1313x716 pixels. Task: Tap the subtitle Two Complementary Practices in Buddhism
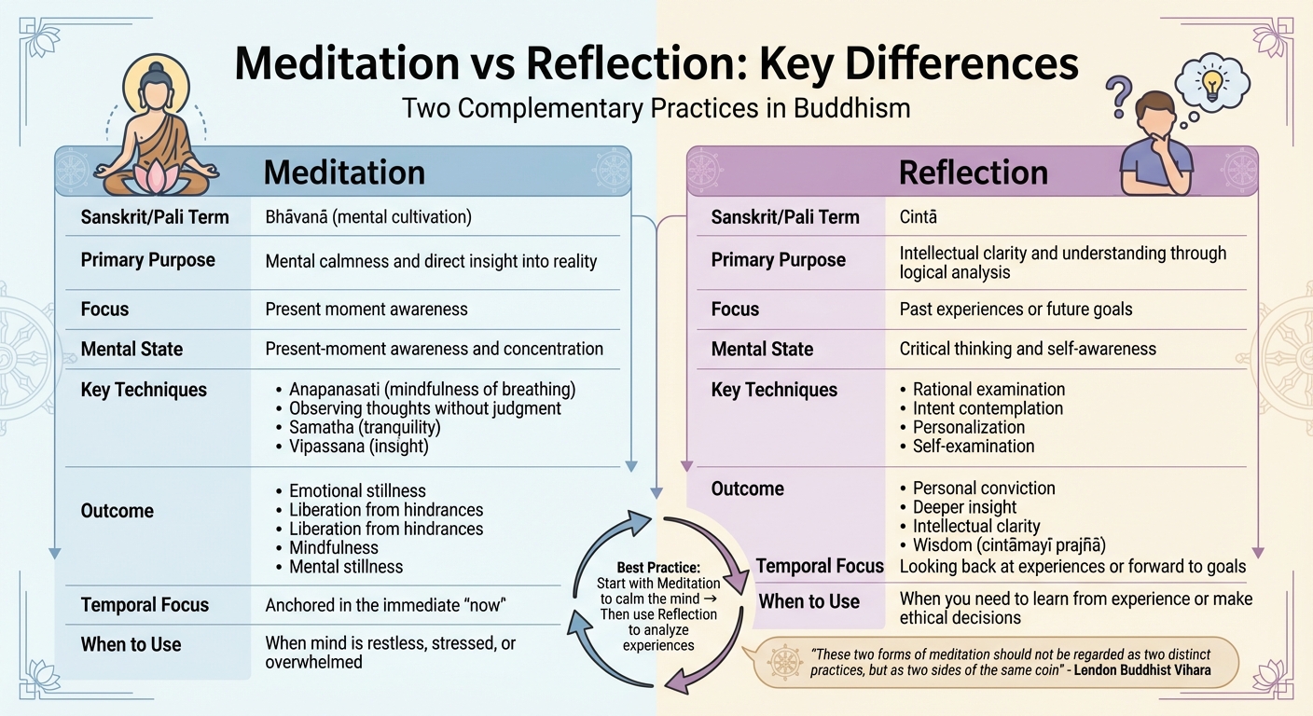[656, 108]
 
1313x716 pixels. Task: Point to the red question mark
[1117, 95]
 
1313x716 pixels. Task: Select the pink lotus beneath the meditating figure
[155, 177]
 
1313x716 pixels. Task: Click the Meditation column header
[344, 172]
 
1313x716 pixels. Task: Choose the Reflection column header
[973, 172]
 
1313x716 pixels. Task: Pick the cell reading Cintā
[918, 217]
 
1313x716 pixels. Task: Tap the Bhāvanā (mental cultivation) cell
[368, 217]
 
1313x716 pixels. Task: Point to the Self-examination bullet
[974, 446]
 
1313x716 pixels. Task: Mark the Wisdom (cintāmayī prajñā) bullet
[1007, 545]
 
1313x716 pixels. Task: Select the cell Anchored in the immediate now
[384, 605]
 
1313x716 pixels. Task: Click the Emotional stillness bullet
[357, 490]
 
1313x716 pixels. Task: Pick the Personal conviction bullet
[984, 488]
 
